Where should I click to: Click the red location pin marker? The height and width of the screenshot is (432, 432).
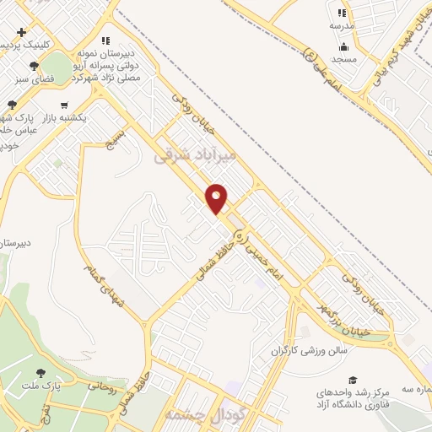[218, 198]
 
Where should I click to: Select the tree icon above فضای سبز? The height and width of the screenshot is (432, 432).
[34, 66]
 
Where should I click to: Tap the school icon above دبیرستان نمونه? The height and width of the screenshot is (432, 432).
[105, 40]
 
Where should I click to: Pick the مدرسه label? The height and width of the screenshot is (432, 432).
[342, 25]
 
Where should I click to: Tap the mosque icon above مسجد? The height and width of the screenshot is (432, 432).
[342, 46]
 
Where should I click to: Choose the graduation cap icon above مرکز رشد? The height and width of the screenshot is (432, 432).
[353, 381]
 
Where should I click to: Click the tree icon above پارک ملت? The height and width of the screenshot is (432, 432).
[40, 373]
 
